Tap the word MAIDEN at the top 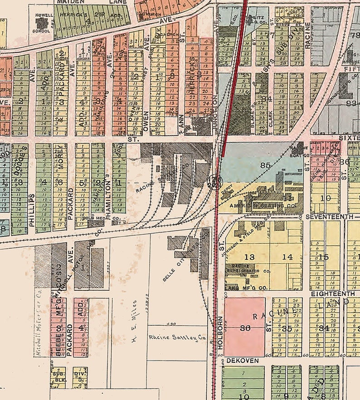click(68, 2)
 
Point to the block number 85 click(265, 166)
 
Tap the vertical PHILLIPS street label click(32, 203)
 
